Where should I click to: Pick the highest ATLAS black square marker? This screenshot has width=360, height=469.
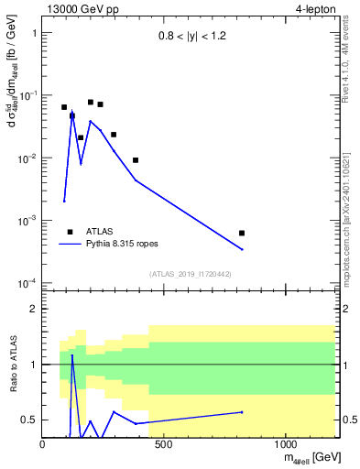pos(91,103)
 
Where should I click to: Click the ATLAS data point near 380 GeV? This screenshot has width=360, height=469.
pos(136,160)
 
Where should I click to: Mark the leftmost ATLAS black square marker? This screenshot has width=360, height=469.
pos(64,107)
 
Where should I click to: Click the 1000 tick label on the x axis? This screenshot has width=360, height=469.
pos(286,445)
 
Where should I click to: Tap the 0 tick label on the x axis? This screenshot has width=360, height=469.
pos(43,445)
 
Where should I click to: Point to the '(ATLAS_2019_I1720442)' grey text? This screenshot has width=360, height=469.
pos(190,274)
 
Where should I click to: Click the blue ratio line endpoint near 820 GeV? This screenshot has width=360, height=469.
pos(242,412)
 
